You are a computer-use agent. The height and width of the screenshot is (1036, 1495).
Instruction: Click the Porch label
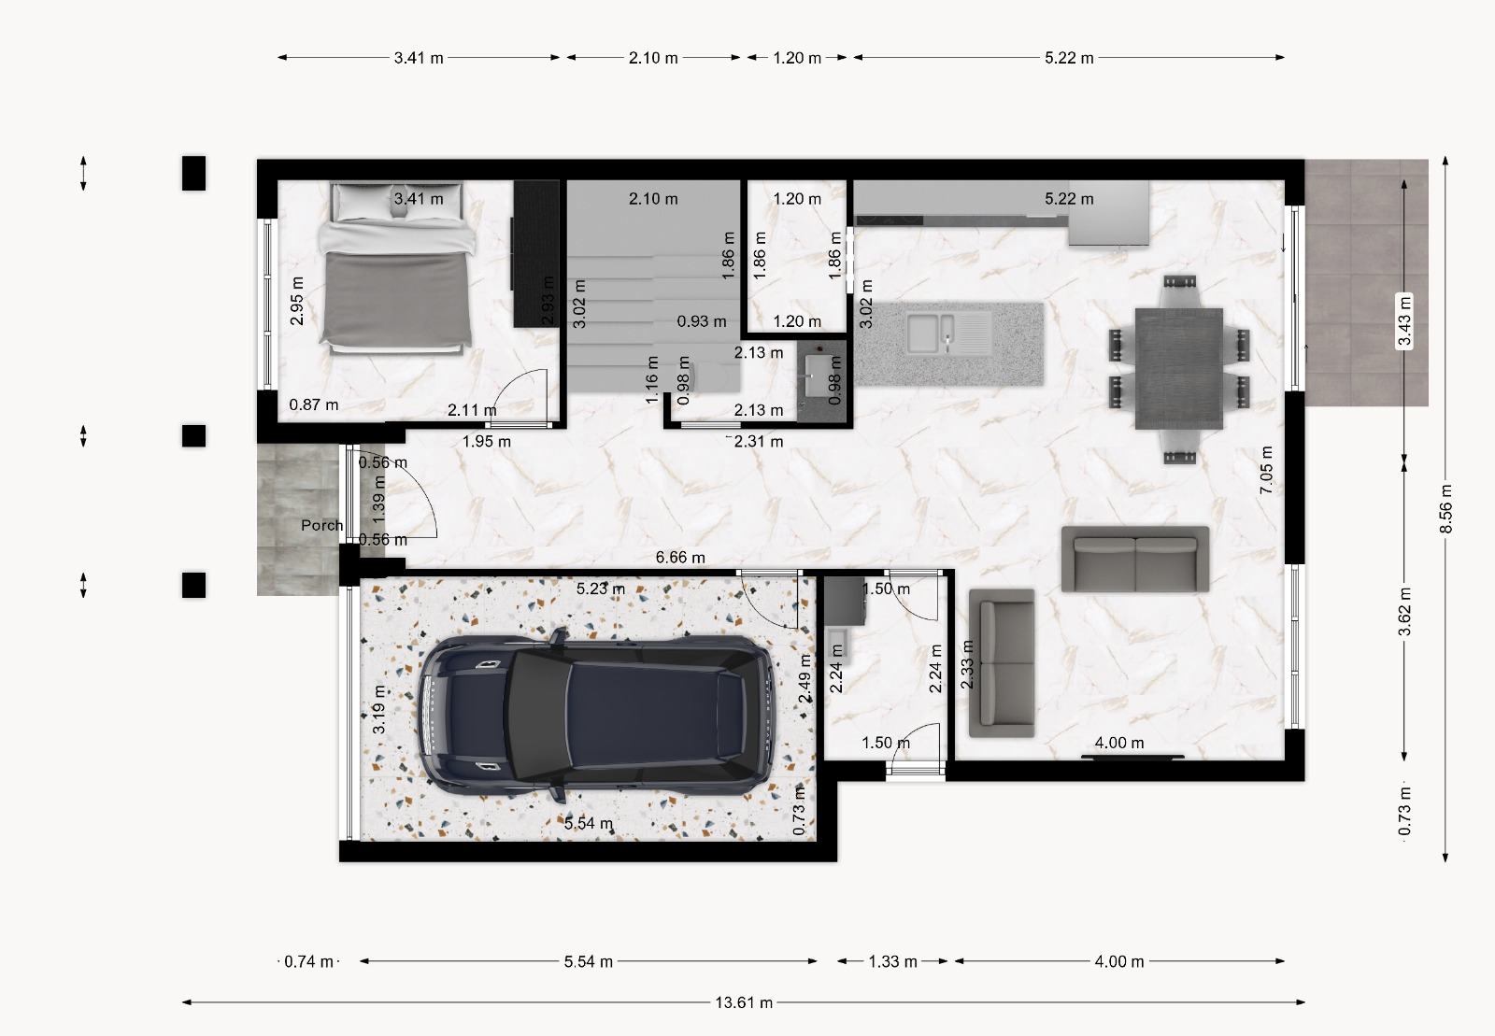pos(321,525)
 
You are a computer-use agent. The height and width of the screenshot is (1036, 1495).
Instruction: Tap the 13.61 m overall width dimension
pos(744,1002)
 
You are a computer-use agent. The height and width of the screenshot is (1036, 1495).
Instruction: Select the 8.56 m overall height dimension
pos(1445,509)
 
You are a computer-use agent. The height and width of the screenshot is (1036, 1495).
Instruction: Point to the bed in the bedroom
pos(397,267)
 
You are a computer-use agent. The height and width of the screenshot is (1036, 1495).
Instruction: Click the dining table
pos(1178,368)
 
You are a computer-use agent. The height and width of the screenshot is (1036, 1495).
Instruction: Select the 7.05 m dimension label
pos(1266,470)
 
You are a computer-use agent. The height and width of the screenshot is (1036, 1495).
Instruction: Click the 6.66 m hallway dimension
pos(680,557)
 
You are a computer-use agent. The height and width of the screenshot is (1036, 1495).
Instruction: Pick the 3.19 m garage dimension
pos(379,710)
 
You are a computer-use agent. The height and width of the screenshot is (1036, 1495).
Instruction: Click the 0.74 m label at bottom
pos(308,961)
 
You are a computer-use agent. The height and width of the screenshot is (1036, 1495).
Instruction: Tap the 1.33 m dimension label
pos(892,961)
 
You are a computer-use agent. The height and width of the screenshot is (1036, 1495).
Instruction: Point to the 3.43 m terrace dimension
pos(1404,321)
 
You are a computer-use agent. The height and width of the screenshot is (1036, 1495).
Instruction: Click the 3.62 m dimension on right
pos(1405,612)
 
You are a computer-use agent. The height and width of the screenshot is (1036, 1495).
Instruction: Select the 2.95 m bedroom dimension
pos(298,301)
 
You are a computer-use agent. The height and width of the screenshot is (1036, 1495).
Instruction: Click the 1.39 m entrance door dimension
pos(378,499)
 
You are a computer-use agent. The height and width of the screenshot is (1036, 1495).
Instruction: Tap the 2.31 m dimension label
pos(758,441)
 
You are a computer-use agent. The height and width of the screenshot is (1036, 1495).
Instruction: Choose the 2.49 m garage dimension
pos(805,678)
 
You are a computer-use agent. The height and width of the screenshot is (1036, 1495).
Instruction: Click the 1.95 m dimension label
pos(487,441)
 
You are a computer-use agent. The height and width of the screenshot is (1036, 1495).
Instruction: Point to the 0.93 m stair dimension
pos(702,320)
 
